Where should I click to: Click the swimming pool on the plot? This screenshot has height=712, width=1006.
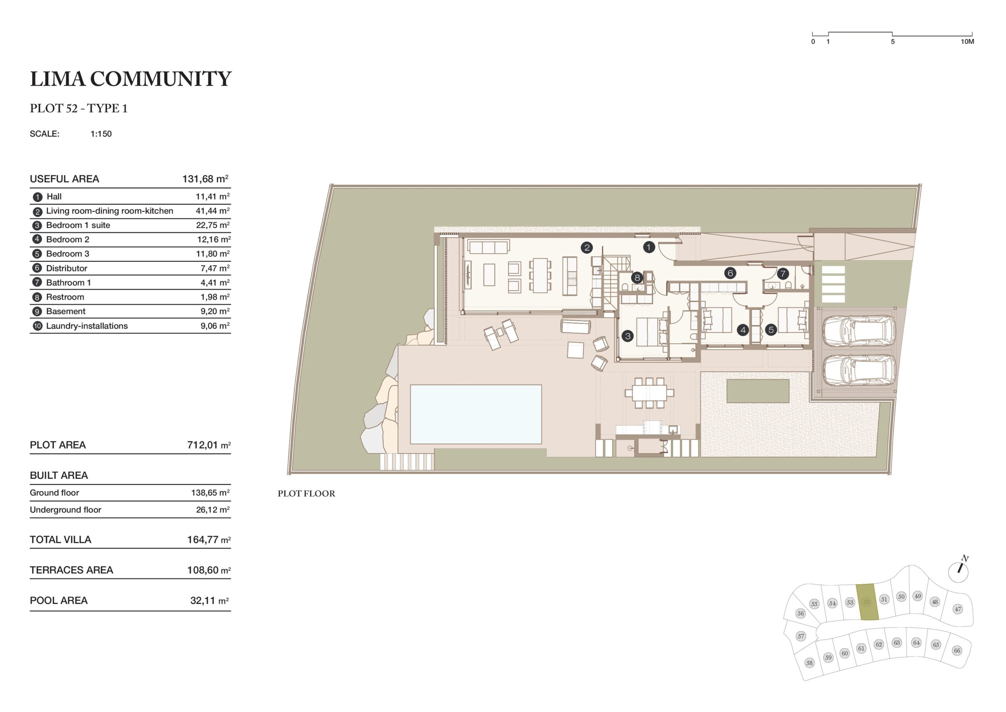pos(476,414)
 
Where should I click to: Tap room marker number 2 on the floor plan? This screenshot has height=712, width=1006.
pos(587,248)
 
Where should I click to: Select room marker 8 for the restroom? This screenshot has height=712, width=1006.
pos(637,278)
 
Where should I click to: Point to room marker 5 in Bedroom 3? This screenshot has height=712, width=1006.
pos(771,330)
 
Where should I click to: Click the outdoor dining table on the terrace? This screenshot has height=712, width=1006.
pos(649,393)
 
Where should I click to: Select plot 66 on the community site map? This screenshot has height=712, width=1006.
pos(957,651)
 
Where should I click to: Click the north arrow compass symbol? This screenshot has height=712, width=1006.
pos(959,571)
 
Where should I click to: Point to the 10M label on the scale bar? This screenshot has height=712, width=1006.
pos(967,42)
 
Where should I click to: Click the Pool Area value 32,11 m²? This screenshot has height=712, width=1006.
pos(209,601)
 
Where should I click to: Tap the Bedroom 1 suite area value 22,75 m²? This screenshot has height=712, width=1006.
pos(213,225)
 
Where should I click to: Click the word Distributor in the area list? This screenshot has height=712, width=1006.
pos(66,268)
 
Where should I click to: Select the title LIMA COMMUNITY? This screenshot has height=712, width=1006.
pos(130,79)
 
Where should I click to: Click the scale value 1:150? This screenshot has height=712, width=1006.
pos(101,134)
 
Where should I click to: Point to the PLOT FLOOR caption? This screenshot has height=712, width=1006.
pos(306,494)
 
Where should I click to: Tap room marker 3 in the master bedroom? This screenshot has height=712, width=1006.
pos(628,336)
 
